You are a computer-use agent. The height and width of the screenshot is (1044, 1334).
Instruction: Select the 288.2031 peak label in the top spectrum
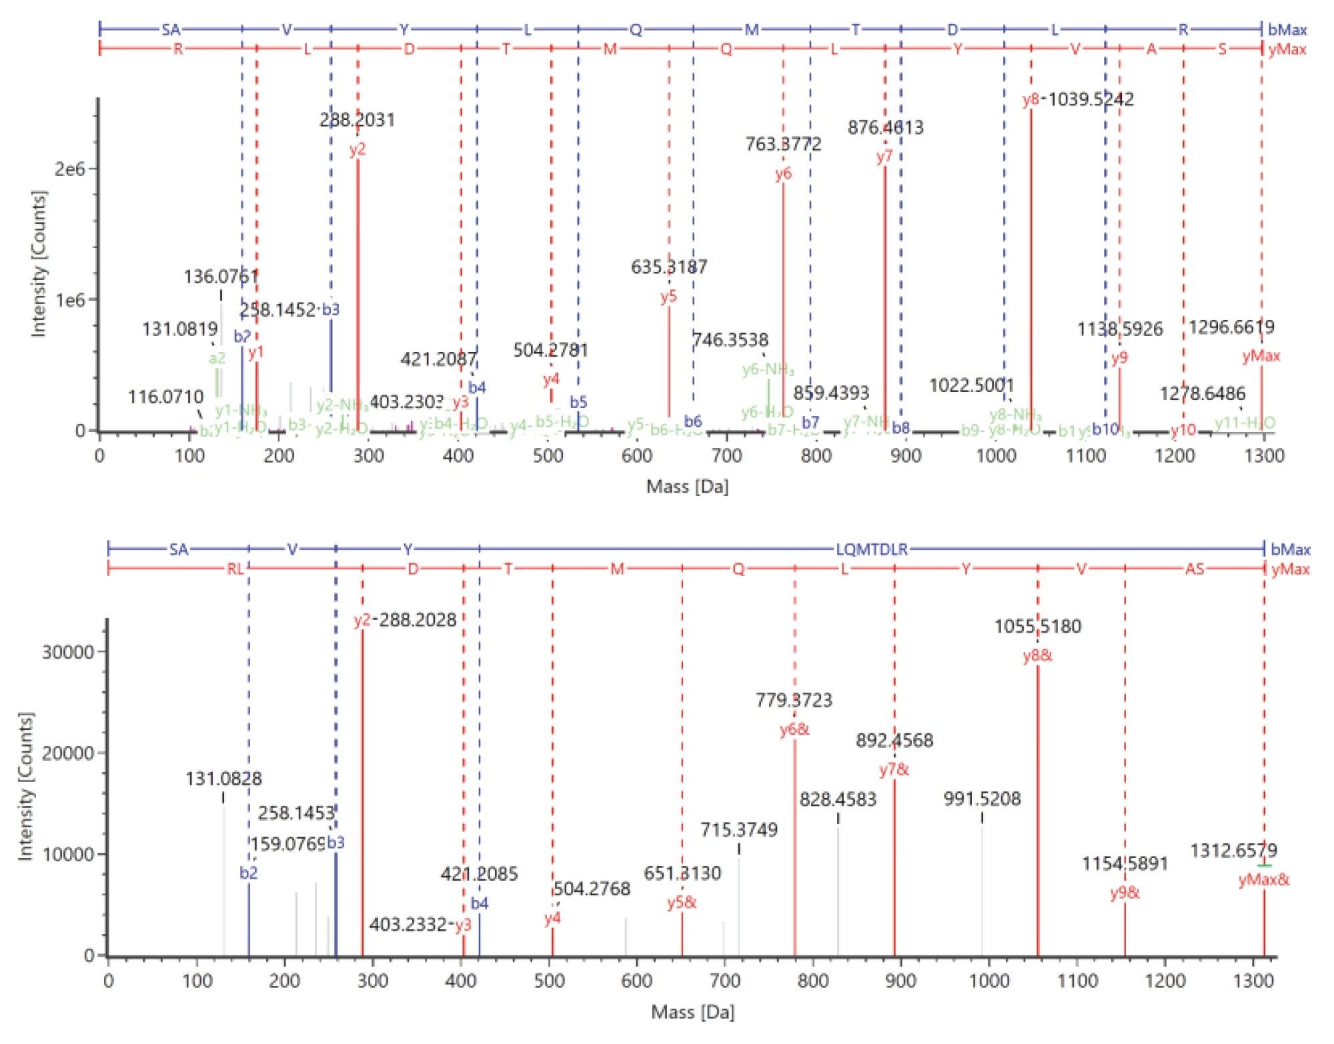click(x=357, y=120)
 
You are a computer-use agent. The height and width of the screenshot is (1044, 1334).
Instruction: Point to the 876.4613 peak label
click(x=885, y=127)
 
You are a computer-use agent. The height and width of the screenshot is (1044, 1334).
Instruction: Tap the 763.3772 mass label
click(x=783, y=144)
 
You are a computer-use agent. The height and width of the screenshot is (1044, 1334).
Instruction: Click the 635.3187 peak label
click(x=669, y=267)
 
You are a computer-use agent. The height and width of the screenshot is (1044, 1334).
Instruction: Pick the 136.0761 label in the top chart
click(x=221, y=277)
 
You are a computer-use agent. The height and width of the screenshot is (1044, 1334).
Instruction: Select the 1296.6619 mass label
click(x=1231, y=327)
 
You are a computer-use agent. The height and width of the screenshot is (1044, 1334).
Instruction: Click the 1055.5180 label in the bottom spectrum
click(x=1037, y=627)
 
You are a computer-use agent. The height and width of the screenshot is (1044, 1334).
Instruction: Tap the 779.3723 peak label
click(x=794, y=701)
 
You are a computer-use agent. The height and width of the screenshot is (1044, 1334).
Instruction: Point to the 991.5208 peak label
click(x=982, y=799)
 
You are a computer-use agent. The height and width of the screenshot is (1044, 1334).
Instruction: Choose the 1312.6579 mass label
click(x=1233, y=851)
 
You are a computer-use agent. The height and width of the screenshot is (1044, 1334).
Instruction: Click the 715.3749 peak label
click(x=738, y=830)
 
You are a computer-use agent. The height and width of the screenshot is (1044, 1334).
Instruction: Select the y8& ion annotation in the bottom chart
click(x=1037, y=656)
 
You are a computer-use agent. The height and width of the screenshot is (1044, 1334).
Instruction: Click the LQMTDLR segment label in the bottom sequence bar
click(x=872, y=549)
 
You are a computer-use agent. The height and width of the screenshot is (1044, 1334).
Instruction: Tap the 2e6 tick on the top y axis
click(x=70, y=169)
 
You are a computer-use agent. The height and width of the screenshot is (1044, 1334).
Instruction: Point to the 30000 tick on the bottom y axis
click(x=68, y=652)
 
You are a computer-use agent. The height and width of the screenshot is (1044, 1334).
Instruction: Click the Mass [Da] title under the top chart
click(x=687, y=487)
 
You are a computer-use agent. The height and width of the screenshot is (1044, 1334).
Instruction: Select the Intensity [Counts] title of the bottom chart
click(x=25, y=787)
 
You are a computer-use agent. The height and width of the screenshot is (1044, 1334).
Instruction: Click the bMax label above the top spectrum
click(x=1287, y=30)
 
